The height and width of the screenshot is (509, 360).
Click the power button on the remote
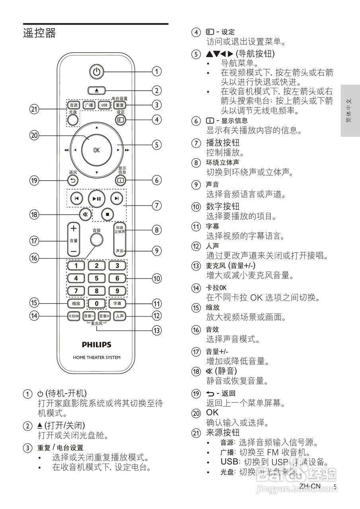[x=96, y=72]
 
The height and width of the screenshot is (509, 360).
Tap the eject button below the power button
[x=97, y=90]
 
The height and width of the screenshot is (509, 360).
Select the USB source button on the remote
[x=104, y=105]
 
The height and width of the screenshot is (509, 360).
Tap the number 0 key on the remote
[x=96, y=303]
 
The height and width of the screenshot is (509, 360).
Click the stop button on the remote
[x=107, y=214]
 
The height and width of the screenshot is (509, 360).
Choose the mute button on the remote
[x=85, y=214]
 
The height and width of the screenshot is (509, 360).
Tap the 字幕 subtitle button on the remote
[x=117, y=303]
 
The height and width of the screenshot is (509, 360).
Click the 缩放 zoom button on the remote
[x=76, y=303]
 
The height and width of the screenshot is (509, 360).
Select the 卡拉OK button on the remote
[x=74, y=316]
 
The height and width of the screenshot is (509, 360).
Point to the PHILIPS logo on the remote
[x=97, y=344]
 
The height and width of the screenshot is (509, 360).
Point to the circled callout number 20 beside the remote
[x=35, y=136]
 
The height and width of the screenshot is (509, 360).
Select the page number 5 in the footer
[x=335, y=486]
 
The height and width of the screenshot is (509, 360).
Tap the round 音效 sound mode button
[x=96, y=239]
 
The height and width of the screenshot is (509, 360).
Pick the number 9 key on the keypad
[x=117, y=291]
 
